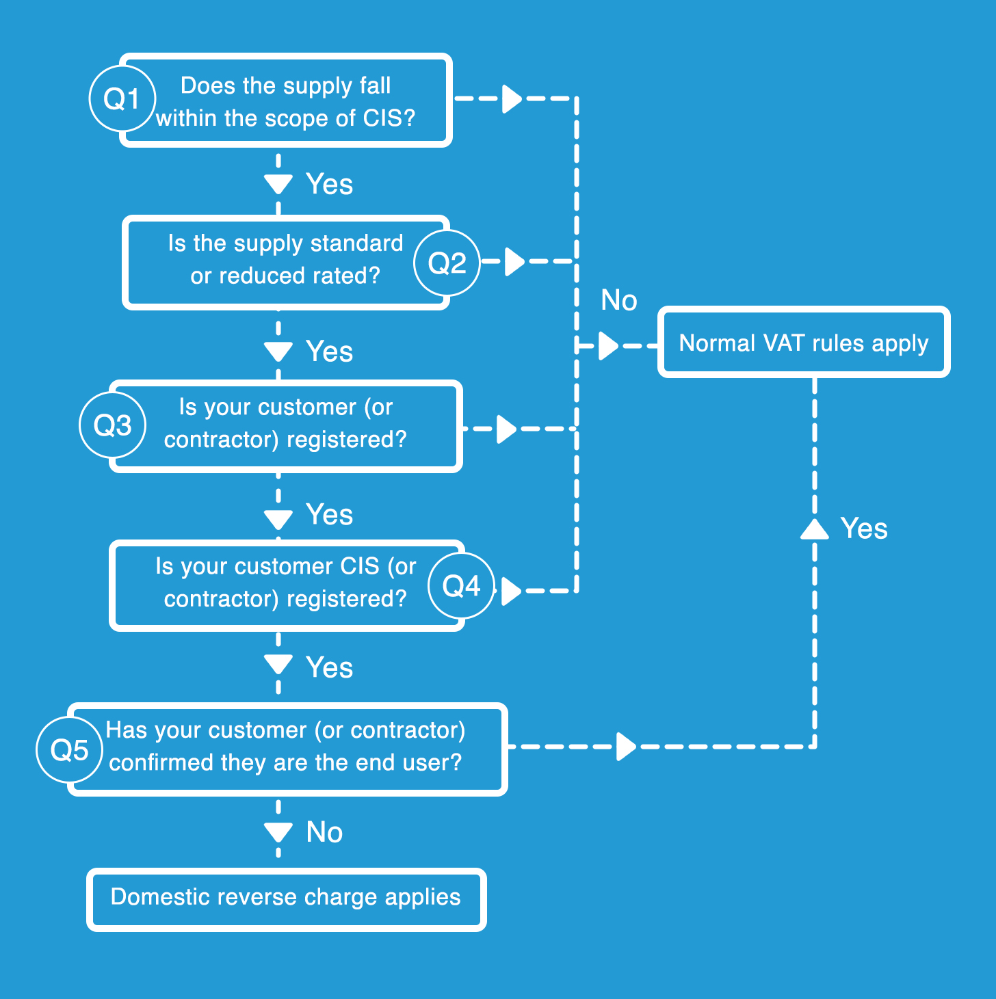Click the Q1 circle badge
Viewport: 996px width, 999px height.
[122, 98]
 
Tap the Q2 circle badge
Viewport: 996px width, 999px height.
[447, 263]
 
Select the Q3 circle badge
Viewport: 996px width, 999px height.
[113, 425]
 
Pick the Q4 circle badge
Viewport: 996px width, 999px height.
[461, 586]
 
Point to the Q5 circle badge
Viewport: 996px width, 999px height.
[70, 749]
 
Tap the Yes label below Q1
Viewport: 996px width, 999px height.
[330, 183]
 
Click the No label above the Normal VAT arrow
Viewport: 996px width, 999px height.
[619, 299]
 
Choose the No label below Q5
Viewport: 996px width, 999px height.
[324, 832]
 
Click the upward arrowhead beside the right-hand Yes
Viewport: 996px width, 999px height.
[815, 529]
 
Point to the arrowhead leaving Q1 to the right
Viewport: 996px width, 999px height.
[512, 98]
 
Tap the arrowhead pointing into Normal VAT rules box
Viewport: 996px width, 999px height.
[609, 346]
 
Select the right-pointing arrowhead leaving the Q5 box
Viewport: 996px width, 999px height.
[626, 747]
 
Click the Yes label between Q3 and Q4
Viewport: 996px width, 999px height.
[330, 514]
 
